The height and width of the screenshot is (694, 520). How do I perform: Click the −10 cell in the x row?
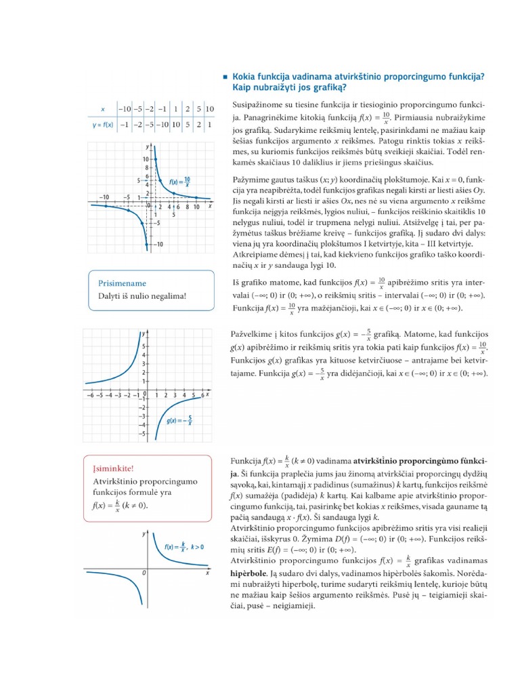(x=125, y=108)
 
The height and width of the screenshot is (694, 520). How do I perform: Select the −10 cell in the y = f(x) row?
(x=162, y=125)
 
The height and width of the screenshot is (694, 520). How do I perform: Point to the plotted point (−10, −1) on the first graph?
(x=106, y=206)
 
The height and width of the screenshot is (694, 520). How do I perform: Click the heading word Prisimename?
(x=122, y=283)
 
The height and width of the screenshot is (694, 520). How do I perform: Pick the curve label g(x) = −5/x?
(x=180, y=420)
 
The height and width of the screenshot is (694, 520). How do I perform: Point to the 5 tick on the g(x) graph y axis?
(x=142, y=346)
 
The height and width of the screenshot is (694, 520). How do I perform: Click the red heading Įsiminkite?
(x=113, y=468)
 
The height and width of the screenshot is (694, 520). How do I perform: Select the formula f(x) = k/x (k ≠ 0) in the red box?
(x=119, y=506)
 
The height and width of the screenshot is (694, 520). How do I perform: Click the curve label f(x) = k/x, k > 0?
(x=183, y=546)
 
